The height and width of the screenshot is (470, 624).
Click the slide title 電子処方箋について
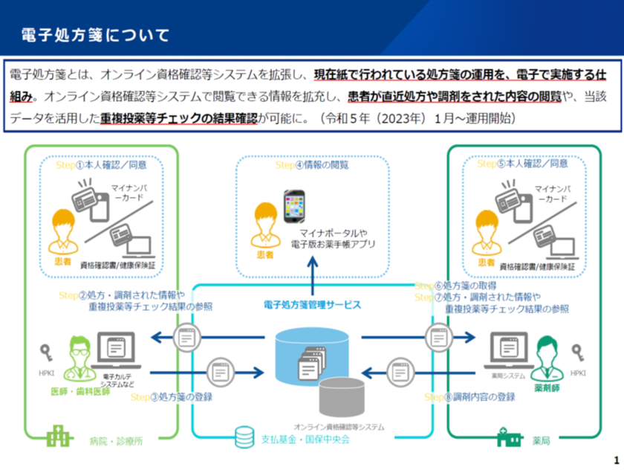pos(96,35)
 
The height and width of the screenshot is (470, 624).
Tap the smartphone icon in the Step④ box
pos(294,208)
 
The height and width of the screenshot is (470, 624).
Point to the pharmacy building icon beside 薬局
pos(509,437)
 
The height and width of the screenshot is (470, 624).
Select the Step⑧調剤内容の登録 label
pos(469,397)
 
